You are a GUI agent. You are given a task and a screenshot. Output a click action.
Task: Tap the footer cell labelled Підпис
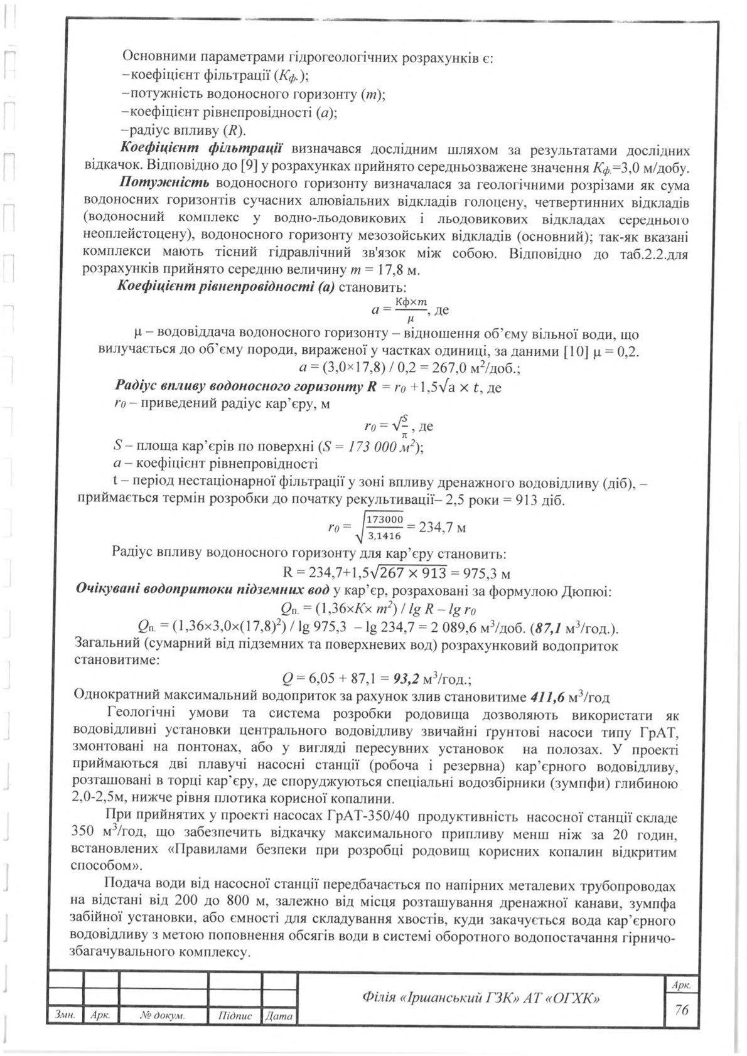click(235, 1015)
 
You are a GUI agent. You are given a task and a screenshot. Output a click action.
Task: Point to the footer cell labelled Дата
click(279, 1015)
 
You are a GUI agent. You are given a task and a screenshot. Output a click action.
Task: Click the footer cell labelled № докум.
click(163, 1015)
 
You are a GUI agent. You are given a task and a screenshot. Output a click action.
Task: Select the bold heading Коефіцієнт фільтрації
click(200, 149)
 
